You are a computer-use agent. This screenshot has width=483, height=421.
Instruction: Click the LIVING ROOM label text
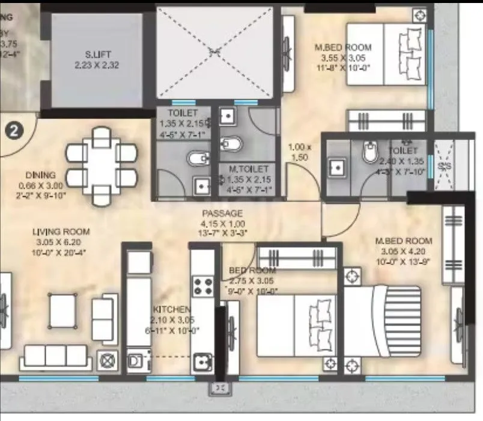coord(61,232)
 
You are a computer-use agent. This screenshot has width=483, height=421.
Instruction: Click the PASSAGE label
coord(222,213)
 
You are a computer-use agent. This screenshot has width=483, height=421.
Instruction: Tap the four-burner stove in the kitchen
coord(204,285)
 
